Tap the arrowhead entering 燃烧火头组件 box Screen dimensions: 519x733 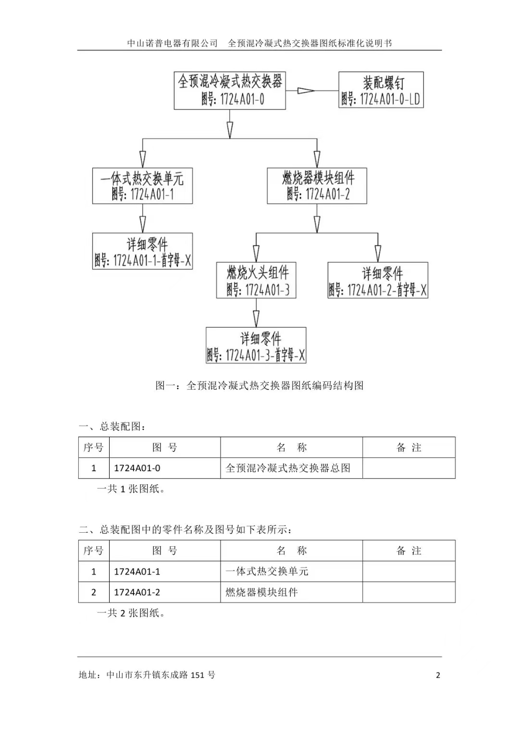(256, 254)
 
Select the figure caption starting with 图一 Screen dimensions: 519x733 (259, 386)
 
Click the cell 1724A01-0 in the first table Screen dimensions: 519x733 (137, 468)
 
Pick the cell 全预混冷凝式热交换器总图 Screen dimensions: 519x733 (288, 468)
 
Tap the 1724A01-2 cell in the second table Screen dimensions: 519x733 (137, 592)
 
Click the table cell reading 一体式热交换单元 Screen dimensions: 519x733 (267, 571)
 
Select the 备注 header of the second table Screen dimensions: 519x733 (408, 551)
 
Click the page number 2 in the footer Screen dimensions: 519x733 (438, 675)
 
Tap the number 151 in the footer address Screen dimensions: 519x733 (198, 675)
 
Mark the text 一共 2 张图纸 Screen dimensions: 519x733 (131, 613)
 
